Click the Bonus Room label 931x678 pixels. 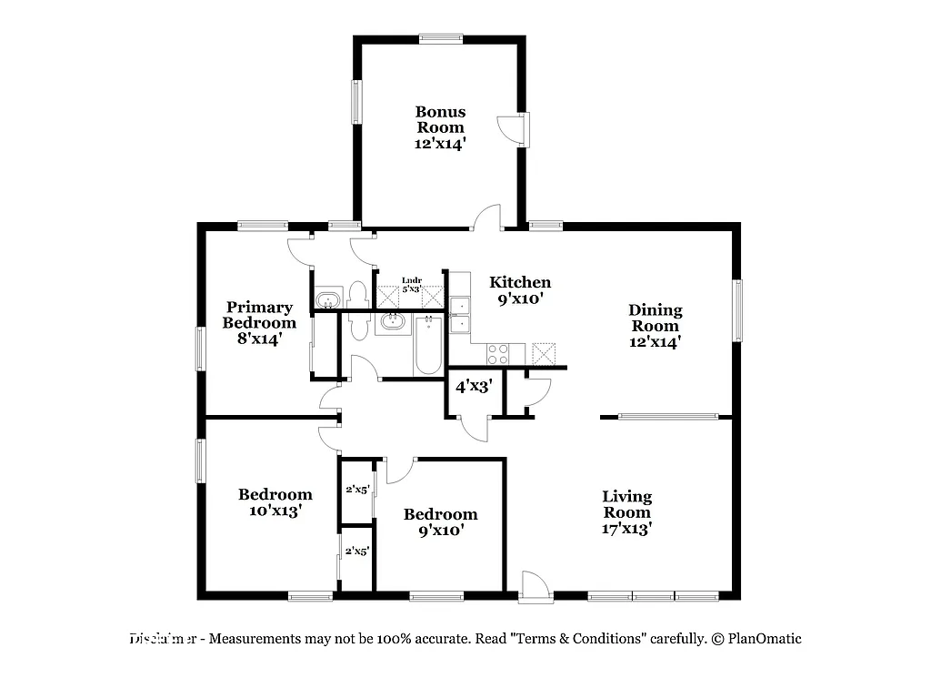[440, 127]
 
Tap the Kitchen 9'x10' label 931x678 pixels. [520, 289]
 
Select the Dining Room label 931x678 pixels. [655, 326]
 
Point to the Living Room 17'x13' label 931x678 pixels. [627, 511]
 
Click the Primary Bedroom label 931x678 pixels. [259, 322]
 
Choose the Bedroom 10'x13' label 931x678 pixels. [275, 502]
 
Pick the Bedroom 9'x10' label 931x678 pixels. [440, 522]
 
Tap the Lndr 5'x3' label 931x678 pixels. [411, 284]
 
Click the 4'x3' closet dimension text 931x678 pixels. [474, 386]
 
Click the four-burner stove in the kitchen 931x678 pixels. [497, 353]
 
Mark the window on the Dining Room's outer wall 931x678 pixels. [738, 310]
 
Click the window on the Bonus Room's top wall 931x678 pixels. [441, 38]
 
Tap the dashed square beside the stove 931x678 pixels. [543, 353]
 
